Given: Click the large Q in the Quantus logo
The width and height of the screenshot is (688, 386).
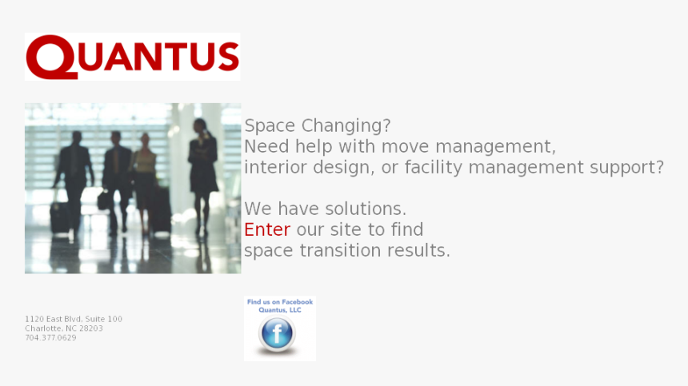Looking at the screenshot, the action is pos(51,57).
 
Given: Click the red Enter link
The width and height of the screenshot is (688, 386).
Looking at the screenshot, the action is pos(267,229).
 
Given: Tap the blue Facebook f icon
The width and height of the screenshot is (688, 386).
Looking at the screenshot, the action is pos(277,332).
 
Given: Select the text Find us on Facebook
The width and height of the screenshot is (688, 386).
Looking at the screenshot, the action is pos(280,302).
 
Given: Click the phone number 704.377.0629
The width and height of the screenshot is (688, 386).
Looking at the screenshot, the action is pos(50,338).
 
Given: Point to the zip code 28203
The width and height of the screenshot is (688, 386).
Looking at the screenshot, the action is pos(91,328).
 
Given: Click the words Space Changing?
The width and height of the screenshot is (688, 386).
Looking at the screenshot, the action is pos(318,125).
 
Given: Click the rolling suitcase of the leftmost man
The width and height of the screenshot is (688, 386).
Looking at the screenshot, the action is pos(59,217).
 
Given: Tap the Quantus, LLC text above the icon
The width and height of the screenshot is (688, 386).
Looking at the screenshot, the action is pos(280,310).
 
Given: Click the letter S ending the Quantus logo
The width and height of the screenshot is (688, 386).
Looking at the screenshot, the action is pos(228,57).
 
